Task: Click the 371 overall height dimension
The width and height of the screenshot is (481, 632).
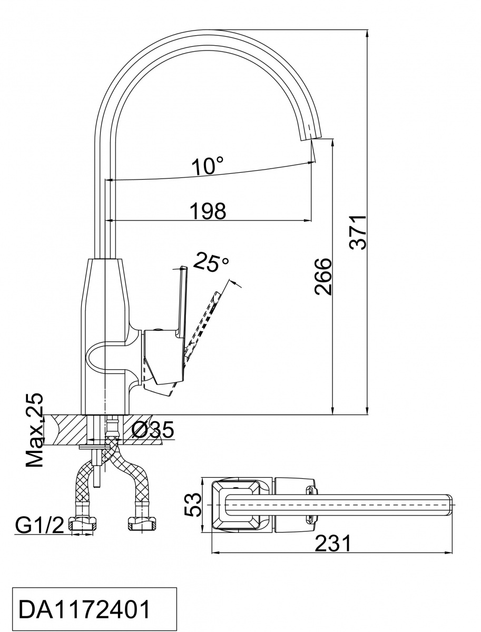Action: [358, 232]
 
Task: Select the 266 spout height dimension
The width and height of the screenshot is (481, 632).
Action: [322, 276]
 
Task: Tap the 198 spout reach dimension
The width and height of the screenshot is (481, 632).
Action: [208, 211]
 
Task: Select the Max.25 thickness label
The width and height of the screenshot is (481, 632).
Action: [35, 430]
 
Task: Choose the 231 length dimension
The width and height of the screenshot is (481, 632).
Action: [332, 543]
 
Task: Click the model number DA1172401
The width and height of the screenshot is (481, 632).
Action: [85, 610]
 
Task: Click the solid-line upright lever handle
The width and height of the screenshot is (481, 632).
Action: [182, 300]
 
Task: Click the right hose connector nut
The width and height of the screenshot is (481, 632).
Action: [142, 524]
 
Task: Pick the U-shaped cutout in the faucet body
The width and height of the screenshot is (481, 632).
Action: [105, 358]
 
